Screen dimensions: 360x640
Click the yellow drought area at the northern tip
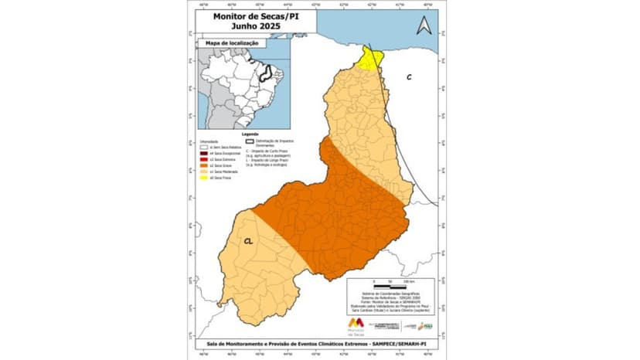(373, 58)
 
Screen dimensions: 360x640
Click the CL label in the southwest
(249, 240)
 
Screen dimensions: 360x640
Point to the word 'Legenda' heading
(249, 134)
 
